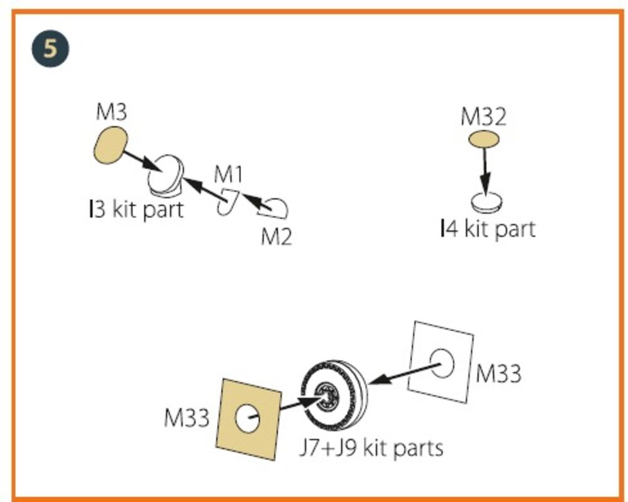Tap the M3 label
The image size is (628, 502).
[111, 112]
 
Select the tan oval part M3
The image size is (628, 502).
[111, 145]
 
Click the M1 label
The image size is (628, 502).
[229, 174]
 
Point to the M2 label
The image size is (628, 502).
[276, 236]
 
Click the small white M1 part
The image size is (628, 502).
[227, 202]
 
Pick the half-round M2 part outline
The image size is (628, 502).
[274, 209]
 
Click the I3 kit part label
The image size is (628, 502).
[136, 210]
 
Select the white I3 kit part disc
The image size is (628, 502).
[165, 176]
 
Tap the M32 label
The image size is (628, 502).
[484, 117]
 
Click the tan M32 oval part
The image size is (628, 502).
[484, 139]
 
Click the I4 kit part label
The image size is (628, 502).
[487, 229]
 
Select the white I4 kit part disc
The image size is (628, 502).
[486, 202]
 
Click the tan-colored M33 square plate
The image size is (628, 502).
[248, 419]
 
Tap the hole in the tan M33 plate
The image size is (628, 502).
[247, 418]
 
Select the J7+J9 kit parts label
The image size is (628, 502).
[371, 448]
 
